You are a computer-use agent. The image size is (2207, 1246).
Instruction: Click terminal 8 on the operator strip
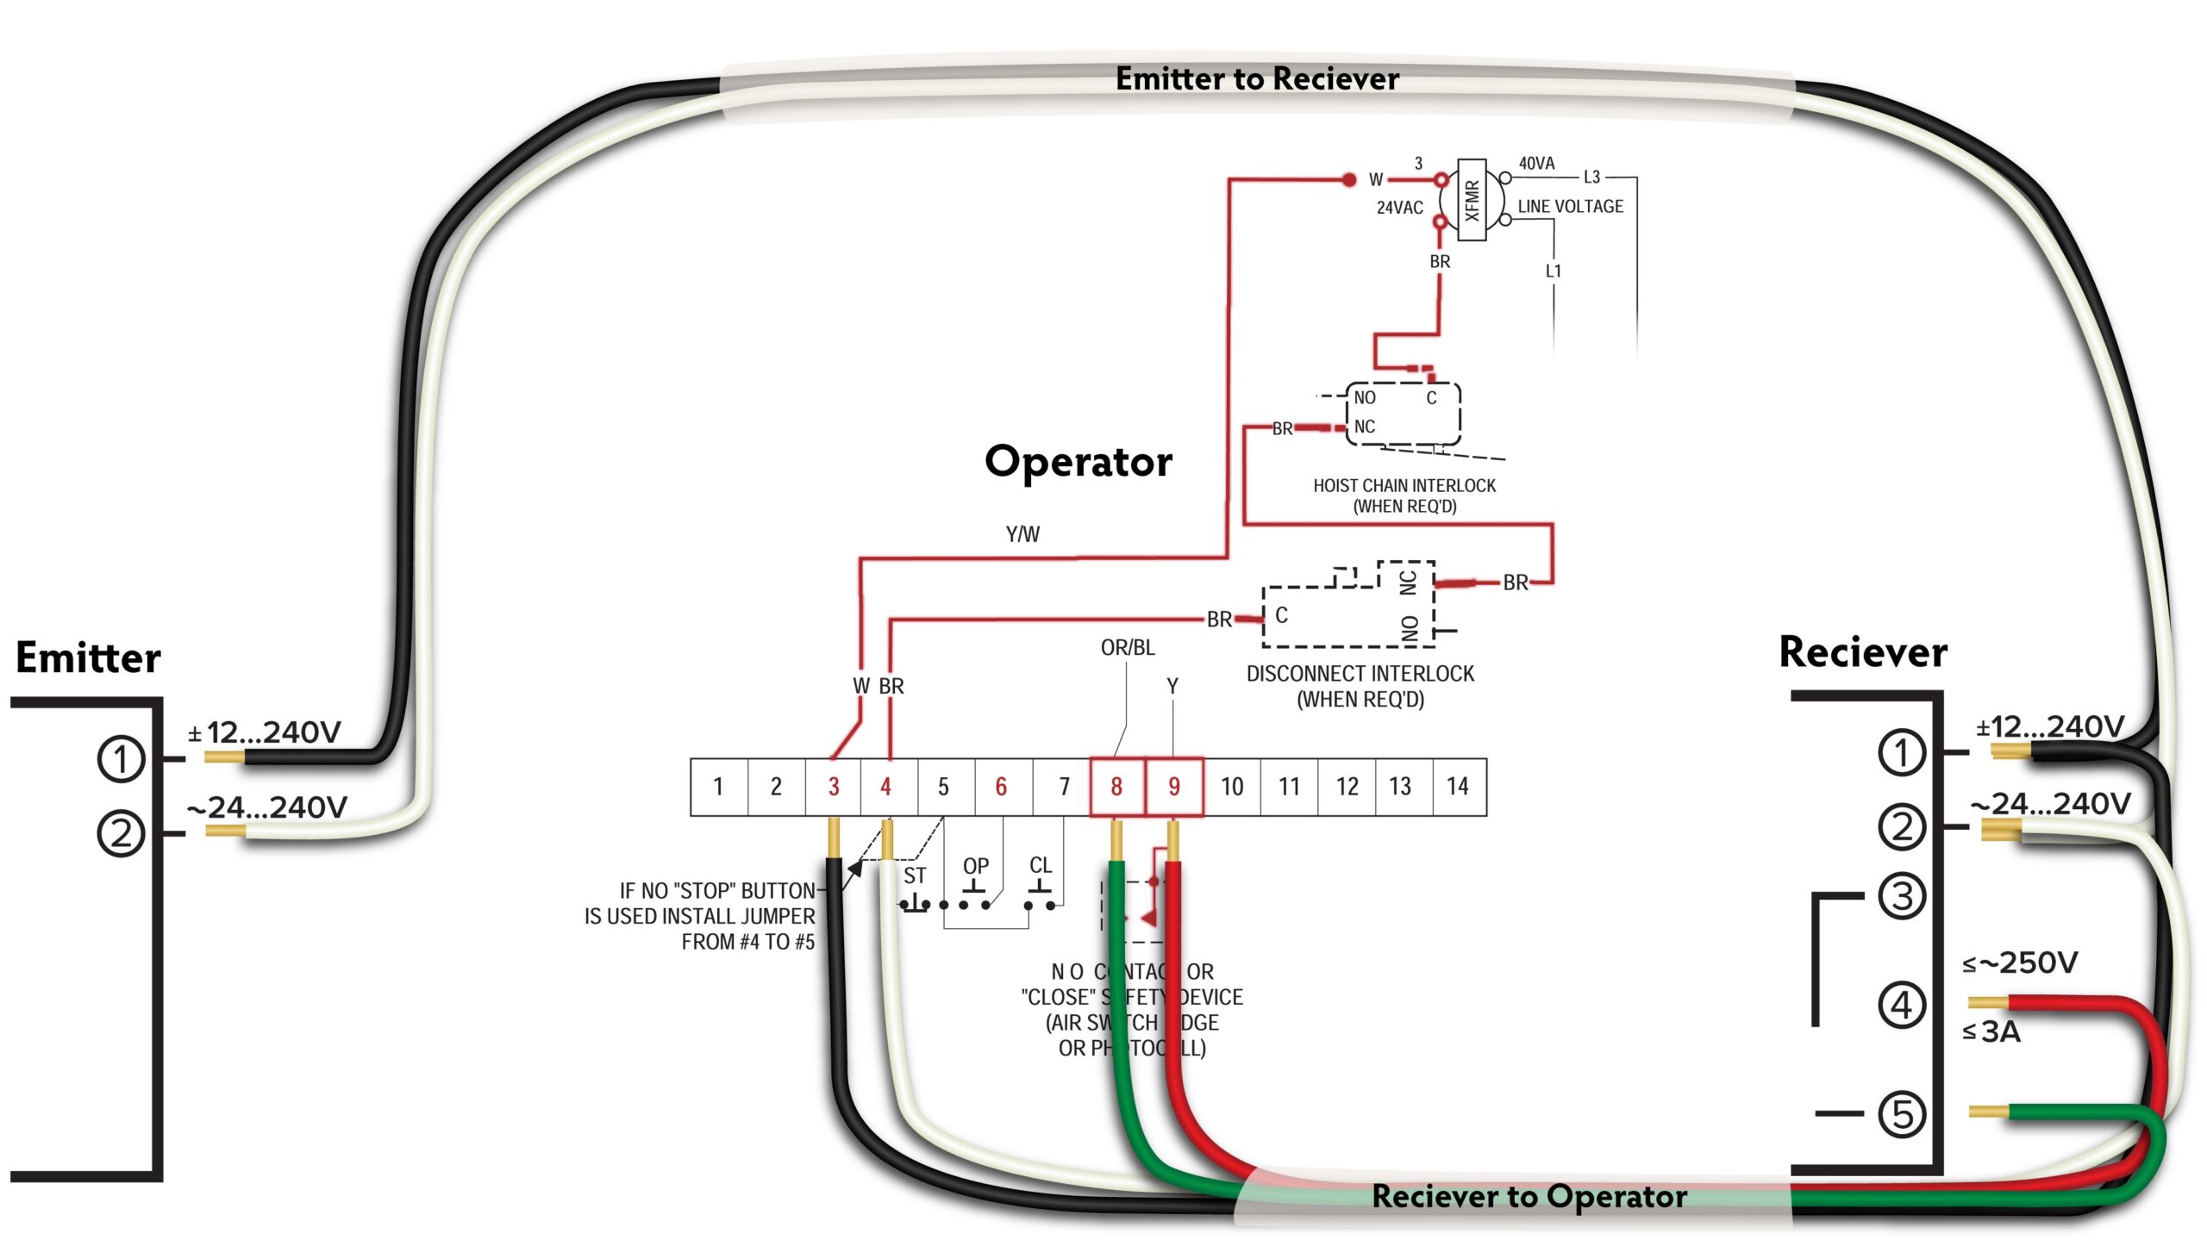(1116, 786)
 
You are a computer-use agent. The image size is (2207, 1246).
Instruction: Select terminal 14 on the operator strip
(1458, 786)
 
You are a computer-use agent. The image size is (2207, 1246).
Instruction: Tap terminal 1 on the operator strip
(718, 786)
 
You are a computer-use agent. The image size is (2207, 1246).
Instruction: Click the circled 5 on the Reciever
(1902, 1114)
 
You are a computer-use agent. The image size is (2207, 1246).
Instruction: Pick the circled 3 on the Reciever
(1902, 896)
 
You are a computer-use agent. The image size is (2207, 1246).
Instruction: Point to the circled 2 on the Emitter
(121, 833)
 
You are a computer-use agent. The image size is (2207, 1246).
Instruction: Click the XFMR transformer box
(1472, 200)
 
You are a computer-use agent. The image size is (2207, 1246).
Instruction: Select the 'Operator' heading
(1078, 463)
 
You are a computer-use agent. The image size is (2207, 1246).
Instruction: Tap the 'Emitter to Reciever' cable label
(1257, 79)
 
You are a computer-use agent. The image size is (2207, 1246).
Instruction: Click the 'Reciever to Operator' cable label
(1529, 1196)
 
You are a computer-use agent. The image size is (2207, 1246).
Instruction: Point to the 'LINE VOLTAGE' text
(1570, 207)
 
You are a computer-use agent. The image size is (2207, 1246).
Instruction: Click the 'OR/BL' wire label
(1128, 647)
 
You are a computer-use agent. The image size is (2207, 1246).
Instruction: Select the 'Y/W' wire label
(1022, 534)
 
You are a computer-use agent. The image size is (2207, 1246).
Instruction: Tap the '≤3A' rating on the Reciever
(1991, 1031)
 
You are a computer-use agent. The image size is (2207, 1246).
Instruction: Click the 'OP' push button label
(976, 866)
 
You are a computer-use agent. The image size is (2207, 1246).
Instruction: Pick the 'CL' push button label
(1041, 865)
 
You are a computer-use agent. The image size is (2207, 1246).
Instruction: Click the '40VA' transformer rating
(1536, 164)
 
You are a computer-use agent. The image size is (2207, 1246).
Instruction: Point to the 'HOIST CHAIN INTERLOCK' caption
(1404, 486)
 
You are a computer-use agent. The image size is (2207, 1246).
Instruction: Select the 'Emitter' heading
(88, 658)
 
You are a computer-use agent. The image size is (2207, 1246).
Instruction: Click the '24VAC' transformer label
(1399, 208)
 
